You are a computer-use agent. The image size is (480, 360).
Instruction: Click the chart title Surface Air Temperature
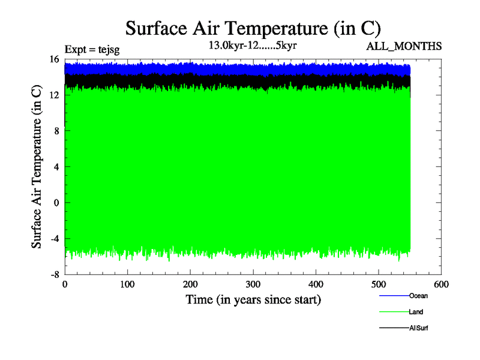(x=253, y=28)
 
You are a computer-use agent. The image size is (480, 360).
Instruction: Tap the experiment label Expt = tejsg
(x=92, y=50)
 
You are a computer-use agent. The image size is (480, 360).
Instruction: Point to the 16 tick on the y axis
(x=54, y=59)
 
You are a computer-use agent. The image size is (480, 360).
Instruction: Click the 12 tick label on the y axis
(x=54, y=95)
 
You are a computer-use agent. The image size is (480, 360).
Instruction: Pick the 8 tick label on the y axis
(x=56, y=131)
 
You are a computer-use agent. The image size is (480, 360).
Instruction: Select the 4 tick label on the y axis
(x=56, y=167)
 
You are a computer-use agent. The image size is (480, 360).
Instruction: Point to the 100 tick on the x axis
(x=127, y=285)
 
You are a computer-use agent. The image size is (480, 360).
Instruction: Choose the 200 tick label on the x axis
(x=190, y=285)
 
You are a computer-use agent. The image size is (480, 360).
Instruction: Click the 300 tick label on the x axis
(x=253, y=285)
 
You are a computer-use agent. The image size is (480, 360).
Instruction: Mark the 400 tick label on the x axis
(x=316, y=285)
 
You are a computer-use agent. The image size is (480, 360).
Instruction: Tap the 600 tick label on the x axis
(x=441, y=285)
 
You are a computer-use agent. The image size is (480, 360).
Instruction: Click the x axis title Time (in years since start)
(x=253, y=299)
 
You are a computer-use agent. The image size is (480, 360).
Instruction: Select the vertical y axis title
(x=37, y=167)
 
